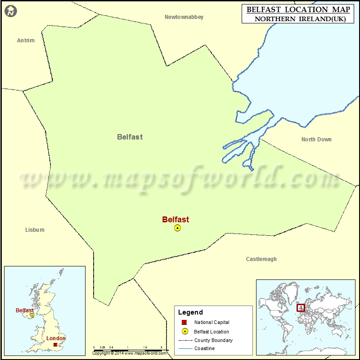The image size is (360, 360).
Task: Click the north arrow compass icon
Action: (11, 11)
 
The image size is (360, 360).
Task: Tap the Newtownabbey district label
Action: (184, 17)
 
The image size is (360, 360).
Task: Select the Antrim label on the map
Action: (26, 40)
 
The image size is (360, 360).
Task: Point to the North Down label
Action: (316, 139)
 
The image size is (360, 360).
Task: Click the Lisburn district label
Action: (35, 230)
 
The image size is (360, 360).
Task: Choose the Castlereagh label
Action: (261, 259)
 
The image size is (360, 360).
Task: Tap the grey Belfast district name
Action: (130, 137)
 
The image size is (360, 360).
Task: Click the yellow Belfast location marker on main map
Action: (177, 228)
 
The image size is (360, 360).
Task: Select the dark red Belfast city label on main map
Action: (175, 220)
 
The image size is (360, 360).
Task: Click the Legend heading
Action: (190, 312)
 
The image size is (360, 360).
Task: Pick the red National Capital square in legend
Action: (184, 323)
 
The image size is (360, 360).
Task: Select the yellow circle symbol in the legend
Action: (184, 332)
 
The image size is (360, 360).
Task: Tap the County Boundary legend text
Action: (213, 340)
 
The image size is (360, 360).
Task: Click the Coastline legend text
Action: (204, 349)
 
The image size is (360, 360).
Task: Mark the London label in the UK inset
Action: (56, 338)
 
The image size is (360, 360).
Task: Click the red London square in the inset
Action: (55, 345)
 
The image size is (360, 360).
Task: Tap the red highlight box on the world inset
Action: (300, 308)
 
